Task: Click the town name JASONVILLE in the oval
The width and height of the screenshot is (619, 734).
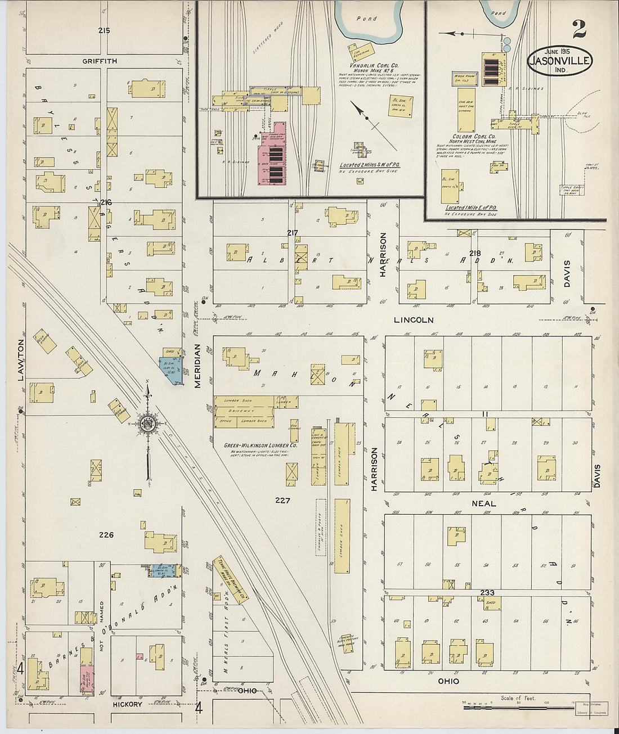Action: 559,61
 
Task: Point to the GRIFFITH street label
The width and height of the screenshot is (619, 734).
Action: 99,61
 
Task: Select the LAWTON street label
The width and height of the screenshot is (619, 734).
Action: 21,360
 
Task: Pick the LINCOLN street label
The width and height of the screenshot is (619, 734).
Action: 414,319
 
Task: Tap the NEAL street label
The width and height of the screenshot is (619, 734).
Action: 483,503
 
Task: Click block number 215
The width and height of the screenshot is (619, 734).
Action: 104,30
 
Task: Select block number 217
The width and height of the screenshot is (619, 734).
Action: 292,233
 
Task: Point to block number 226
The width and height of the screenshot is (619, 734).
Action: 106,535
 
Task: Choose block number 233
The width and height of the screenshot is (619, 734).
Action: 487,593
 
